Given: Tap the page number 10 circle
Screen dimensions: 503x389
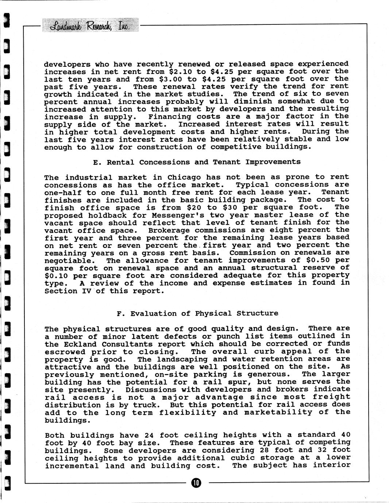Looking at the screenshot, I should pos(196,483).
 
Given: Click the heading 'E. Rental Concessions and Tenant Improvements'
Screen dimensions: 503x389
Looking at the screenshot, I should pos(197,162).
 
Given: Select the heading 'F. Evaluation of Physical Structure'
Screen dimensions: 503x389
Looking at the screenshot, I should pos(197,313).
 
